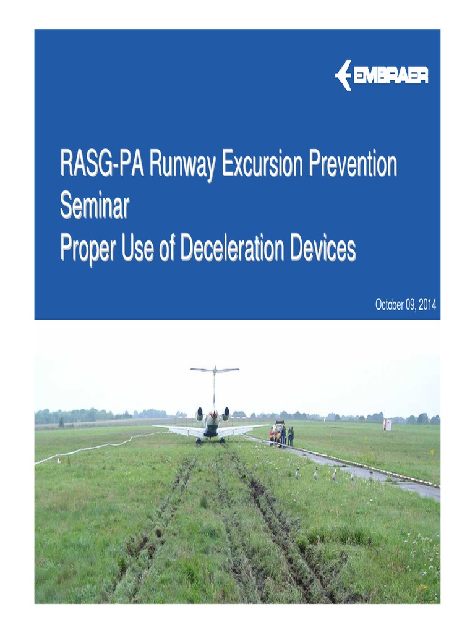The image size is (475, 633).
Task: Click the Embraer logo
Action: tap(381, 75)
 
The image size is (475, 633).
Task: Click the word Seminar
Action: tap(94, 207)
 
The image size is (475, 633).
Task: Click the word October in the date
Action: tap(390, 305)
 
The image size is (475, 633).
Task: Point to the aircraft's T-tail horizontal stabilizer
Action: tap(214, 370)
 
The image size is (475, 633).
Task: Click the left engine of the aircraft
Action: tap(200, 414)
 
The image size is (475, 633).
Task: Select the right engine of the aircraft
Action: tap(226, 413)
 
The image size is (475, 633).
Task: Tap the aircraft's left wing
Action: tap(176, 429)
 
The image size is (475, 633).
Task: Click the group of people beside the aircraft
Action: tap(282, 436)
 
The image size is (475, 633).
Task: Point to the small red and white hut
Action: tap(387, 424)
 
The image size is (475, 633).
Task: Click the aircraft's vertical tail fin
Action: tap(214, 389)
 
